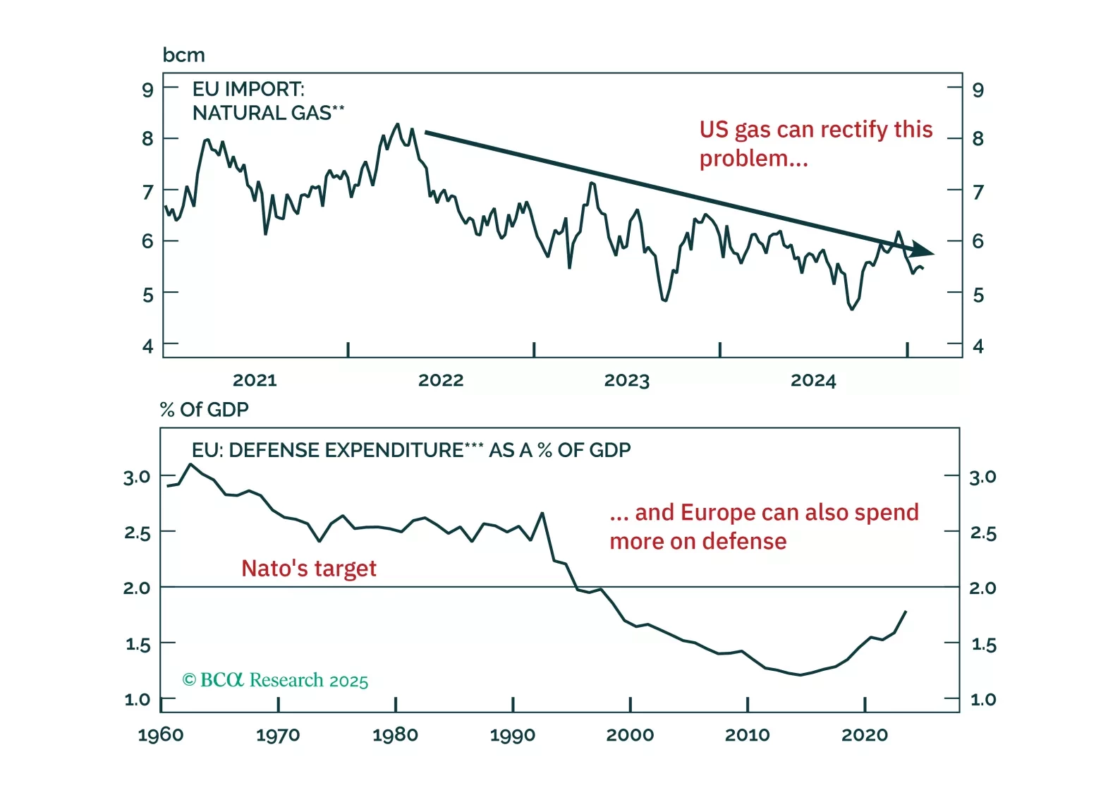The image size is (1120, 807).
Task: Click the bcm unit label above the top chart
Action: (x=183, y=55)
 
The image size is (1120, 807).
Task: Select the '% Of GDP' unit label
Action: (x=204, y=409)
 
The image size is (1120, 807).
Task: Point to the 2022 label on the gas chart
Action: (x=441, y=380)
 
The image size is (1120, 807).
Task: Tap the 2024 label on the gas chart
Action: (x=813, y=380)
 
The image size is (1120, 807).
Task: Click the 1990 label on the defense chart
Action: (x=513, y=735)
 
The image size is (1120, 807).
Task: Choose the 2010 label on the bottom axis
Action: (x=748, y=735)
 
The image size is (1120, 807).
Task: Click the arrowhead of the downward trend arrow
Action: (x=923, y=250)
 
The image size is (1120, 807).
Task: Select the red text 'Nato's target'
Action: (x=309, y=569)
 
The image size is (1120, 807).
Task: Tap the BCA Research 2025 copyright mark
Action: (x=275, y=680)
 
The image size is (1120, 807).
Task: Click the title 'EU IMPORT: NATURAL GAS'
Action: (x=268, y=101)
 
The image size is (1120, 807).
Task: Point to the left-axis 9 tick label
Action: (x=147, y=90)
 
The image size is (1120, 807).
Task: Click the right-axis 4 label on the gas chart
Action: (x=978, y=346)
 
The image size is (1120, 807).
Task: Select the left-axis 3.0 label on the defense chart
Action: (x=137, y=477)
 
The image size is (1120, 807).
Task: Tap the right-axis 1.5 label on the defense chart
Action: (x=983, y=644)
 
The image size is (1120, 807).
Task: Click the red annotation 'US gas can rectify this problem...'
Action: (x=815, y=144)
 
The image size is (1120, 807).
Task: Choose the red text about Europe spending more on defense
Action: (x=764, y=526)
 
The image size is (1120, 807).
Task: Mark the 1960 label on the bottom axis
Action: (x=161, y=735)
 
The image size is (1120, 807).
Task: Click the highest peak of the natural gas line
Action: (x=398, y=124)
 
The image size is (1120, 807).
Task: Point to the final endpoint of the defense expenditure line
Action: (x=906, y=612)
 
